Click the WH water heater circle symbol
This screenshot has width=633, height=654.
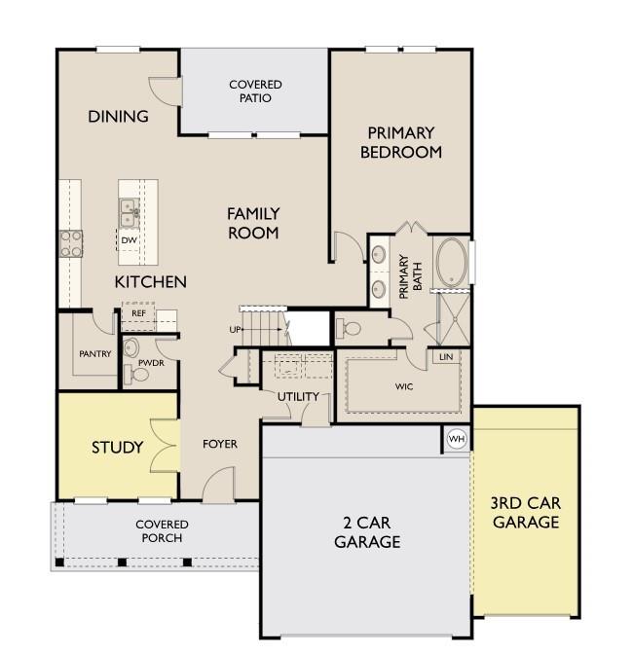[x=456, y=439]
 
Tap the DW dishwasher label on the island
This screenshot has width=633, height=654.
[x=129, y=240]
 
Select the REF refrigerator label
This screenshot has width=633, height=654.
[x=138, y=314]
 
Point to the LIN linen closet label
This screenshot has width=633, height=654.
[x=446, y=357]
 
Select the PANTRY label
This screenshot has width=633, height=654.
[x=94, y=353]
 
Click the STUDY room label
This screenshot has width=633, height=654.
[x=117, y=448]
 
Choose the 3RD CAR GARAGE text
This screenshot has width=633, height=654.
[x=526, y=513]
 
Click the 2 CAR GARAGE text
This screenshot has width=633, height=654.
[x=367, y=533]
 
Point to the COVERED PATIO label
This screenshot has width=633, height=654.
[x=255, y=91]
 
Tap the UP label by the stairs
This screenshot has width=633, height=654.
[x=235, y=330]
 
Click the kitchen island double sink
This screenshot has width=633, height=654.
[x=129, y=210]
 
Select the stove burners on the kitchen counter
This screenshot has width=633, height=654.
[x=70, y=241]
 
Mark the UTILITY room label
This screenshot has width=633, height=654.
[x=298, y=396]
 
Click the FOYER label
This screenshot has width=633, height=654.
[x=220, y=444]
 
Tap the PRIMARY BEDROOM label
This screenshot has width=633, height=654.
[x=400, y=142]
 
